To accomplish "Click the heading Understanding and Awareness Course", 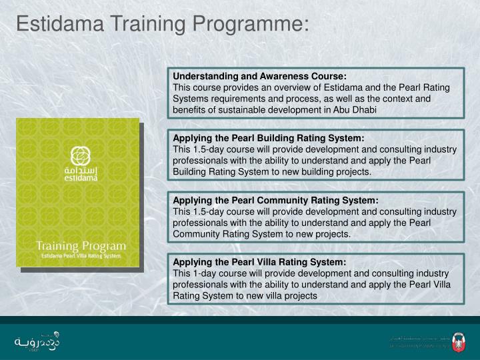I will click(260, 77).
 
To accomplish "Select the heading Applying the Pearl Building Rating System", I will click(269, 138).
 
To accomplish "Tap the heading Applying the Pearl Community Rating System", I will click(275, 200).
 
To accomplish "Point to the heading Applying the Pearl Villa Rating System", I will click(259, 262).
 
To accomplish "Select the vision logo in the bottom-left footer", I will click(37, 340).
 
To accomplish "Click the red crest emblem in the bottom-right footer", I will click(457, 341).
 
